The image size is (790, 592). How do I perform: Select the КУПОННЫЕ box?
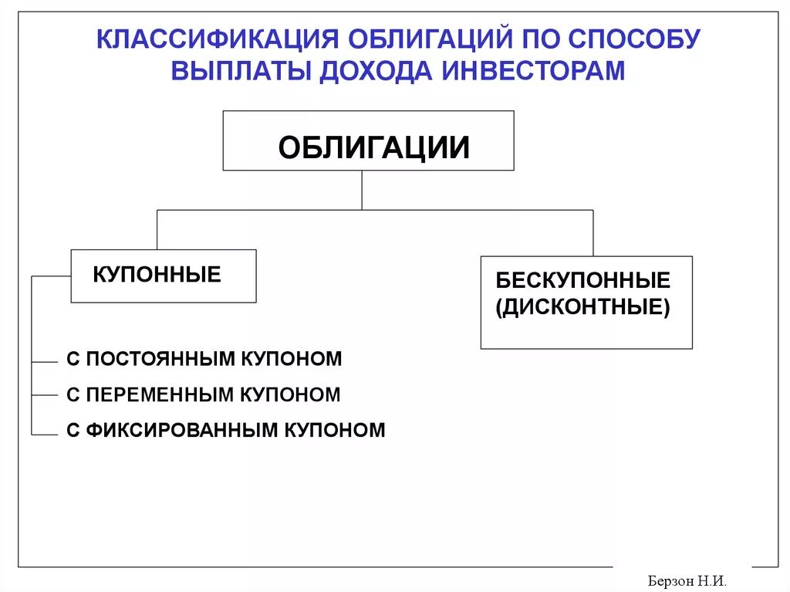[163, 276]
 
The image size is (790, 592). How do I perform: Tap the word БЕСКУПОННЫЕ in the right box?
[583, 280]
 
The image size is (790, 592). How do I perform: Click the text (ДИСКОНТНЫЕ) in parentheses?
[583, 308]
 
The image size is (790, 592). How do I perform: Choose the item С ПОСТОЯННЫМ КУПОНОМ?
[204, 359]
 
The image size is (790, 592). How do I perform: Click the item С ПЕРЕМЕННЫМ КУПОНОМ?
[203, 395]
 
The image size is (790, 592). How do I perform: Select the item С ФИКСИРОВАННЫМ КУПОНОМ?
[225, 431]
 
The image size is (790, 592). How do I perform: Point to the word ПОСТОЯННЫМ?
[163, 359]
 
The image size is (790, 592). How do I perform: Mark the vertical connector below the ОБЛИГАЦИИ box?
[362, 190]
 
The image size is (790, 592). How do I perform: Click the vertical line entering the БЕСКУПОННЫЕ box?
[593, 232]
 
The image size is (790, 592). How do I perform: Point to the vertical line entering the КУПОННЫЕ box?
[157, 229]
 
